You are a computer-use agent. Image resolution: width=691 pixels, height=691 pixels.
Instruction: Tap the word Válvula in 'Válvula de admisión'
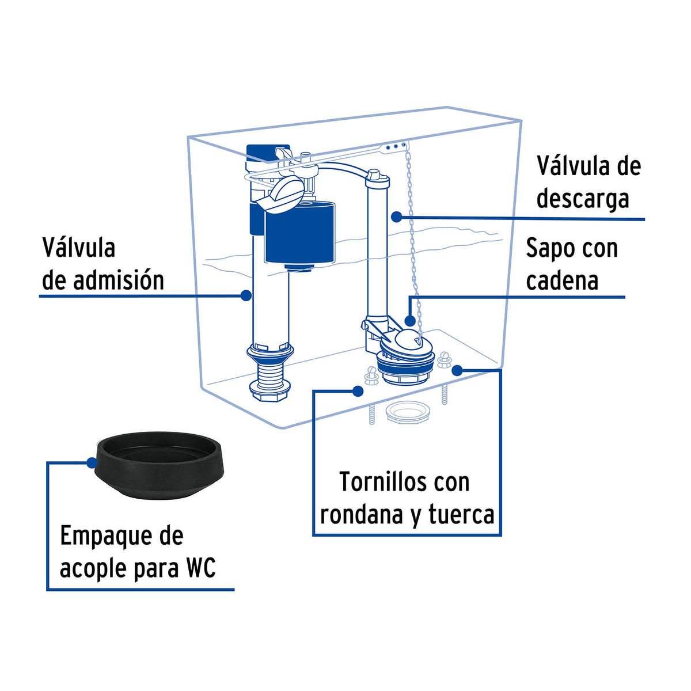coord(78,248)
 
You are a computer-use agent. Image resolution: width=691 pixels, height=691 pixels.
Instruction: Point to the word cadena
coord(562,281)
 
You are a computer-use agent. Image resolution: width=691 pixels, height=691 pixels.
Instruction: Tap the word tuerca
coord(461,514)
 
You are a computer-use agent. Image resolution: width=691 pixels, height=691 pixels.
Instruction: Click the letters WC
coord(200,568)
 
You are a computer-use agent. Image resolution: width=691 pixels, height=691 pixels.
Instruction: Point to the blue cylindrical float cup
coord(299,230)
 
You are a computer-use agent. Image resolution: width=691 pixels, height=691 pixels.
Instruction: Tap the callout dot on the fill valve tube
coord(246,295)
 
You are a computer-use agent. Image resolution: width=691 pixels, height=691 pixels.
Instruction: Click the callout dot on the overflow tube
coord(396,217)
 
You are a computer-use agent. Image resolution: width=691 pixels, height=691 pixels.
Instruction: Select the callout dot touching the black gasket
coord(92,462)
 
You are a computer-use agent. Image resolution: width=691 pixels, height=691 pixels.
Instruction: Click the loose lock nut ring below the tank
coord(408,413)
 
